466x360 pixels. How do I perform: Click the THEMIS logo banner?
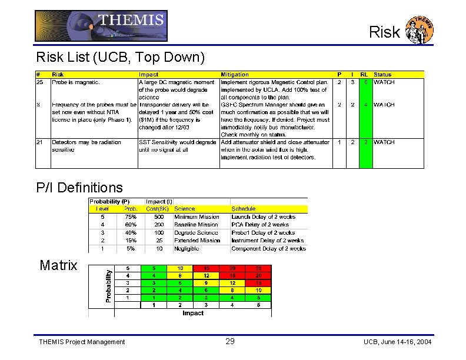(101, 26)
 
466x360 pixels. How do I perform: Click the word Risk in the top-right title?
(384, 32)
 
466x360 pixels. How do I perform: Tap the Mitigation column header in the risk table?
(235, 75)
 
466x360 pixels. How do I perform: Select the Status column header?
(382, 75)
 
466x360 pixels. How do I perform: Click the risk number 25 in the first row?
(39, 82)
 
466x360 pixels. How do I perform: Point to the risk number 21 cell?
(39, 142)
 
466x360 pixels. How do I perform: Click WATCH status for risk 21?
(384, 142)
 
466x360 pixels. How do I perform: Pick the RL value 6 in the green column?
(365, 82)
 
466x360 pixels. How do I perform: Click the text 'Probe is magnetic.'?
(76, 82)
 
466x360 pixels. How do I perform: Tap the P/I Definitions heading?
(79, 188)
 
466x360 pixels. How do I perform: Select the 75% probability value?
(131, 217)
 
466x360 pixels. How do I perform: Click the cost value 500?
(159, 217)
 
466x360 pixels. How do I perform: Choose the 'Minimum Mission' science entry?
(197, 217)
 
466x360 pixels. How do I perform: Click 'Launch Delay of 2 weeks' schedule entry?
(264, 217)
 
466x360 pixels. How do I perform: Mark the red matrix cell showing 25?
(258, 268)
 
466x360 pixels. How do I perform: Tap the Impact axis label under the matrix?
(192, 314)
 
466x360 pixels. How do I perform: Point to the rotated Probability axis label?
(108, 286)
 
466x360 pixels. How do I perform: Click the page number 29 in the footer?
(230, 341)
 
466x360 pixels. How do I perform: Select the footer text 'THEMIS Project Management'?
(82, 342)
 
